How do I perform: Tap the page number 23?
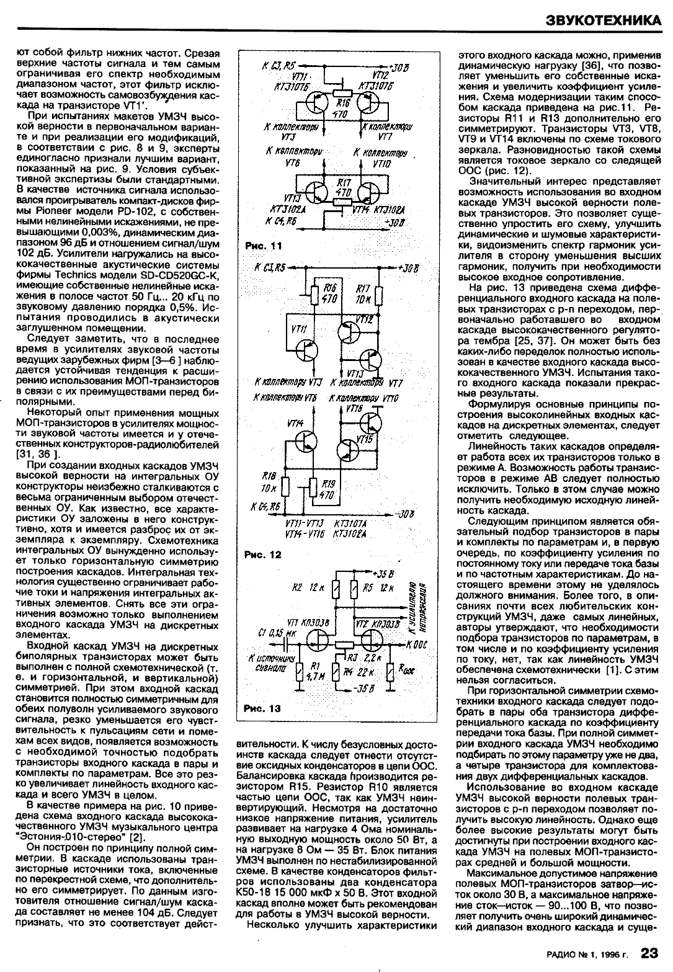click(x=651, y=952)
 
